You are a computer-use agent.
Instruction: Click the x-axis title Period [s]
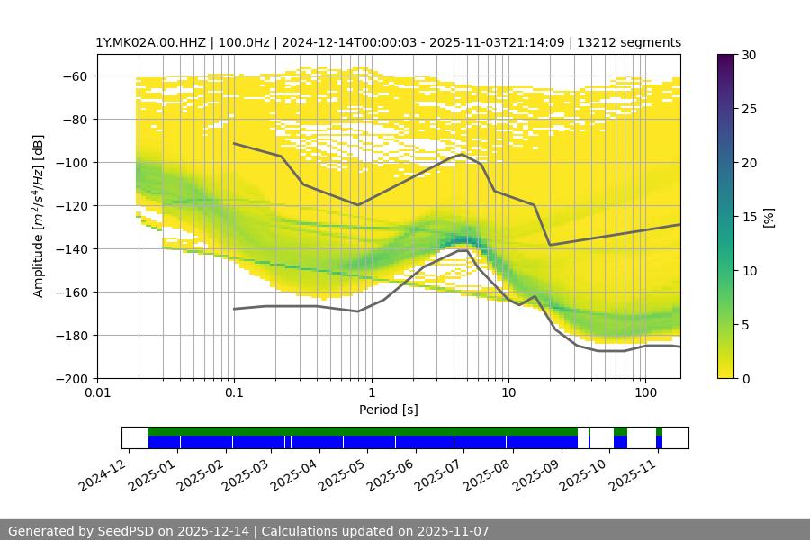point(388,409)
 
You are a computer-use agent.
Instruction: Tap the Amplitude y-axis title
point(39,216)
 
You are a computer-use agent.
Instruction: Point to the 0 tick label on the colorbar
point(746,379)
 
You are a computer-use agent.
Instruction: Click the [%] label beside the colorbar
point(769,217)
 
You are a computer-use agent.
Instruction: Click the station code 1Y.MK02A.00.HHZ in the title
point(148,42)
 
